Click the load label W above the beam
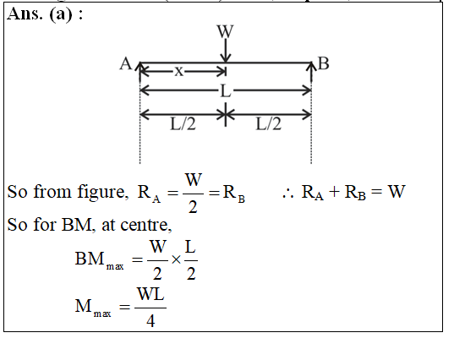(225, 31)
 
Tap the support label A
(126, 63)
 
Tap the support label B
(323, 63)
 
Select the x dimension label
(179, 71)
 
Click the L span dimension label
(226, 90)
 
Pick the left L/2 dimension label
(183, 123)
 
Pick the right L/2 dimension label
(268, 123)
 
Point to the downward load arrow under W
(226, 51)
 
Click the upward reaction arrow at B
(311, 72)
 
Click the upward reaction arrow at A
(139, 72)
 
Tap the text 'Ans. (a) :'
(45, 14)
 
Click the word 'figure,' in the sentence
(103, 193)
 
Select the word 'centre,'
(146, 225)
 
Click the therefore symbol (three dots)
(287, 194)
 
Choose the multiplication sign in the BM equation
(176, 259)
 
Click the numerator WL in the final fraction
(150, 294)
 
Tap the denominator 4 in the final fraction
(150, 321)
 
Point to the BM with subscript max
(100, 259)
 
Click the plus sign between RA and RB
(334, 192)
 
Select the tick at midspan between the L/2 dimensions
(226, 114)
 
